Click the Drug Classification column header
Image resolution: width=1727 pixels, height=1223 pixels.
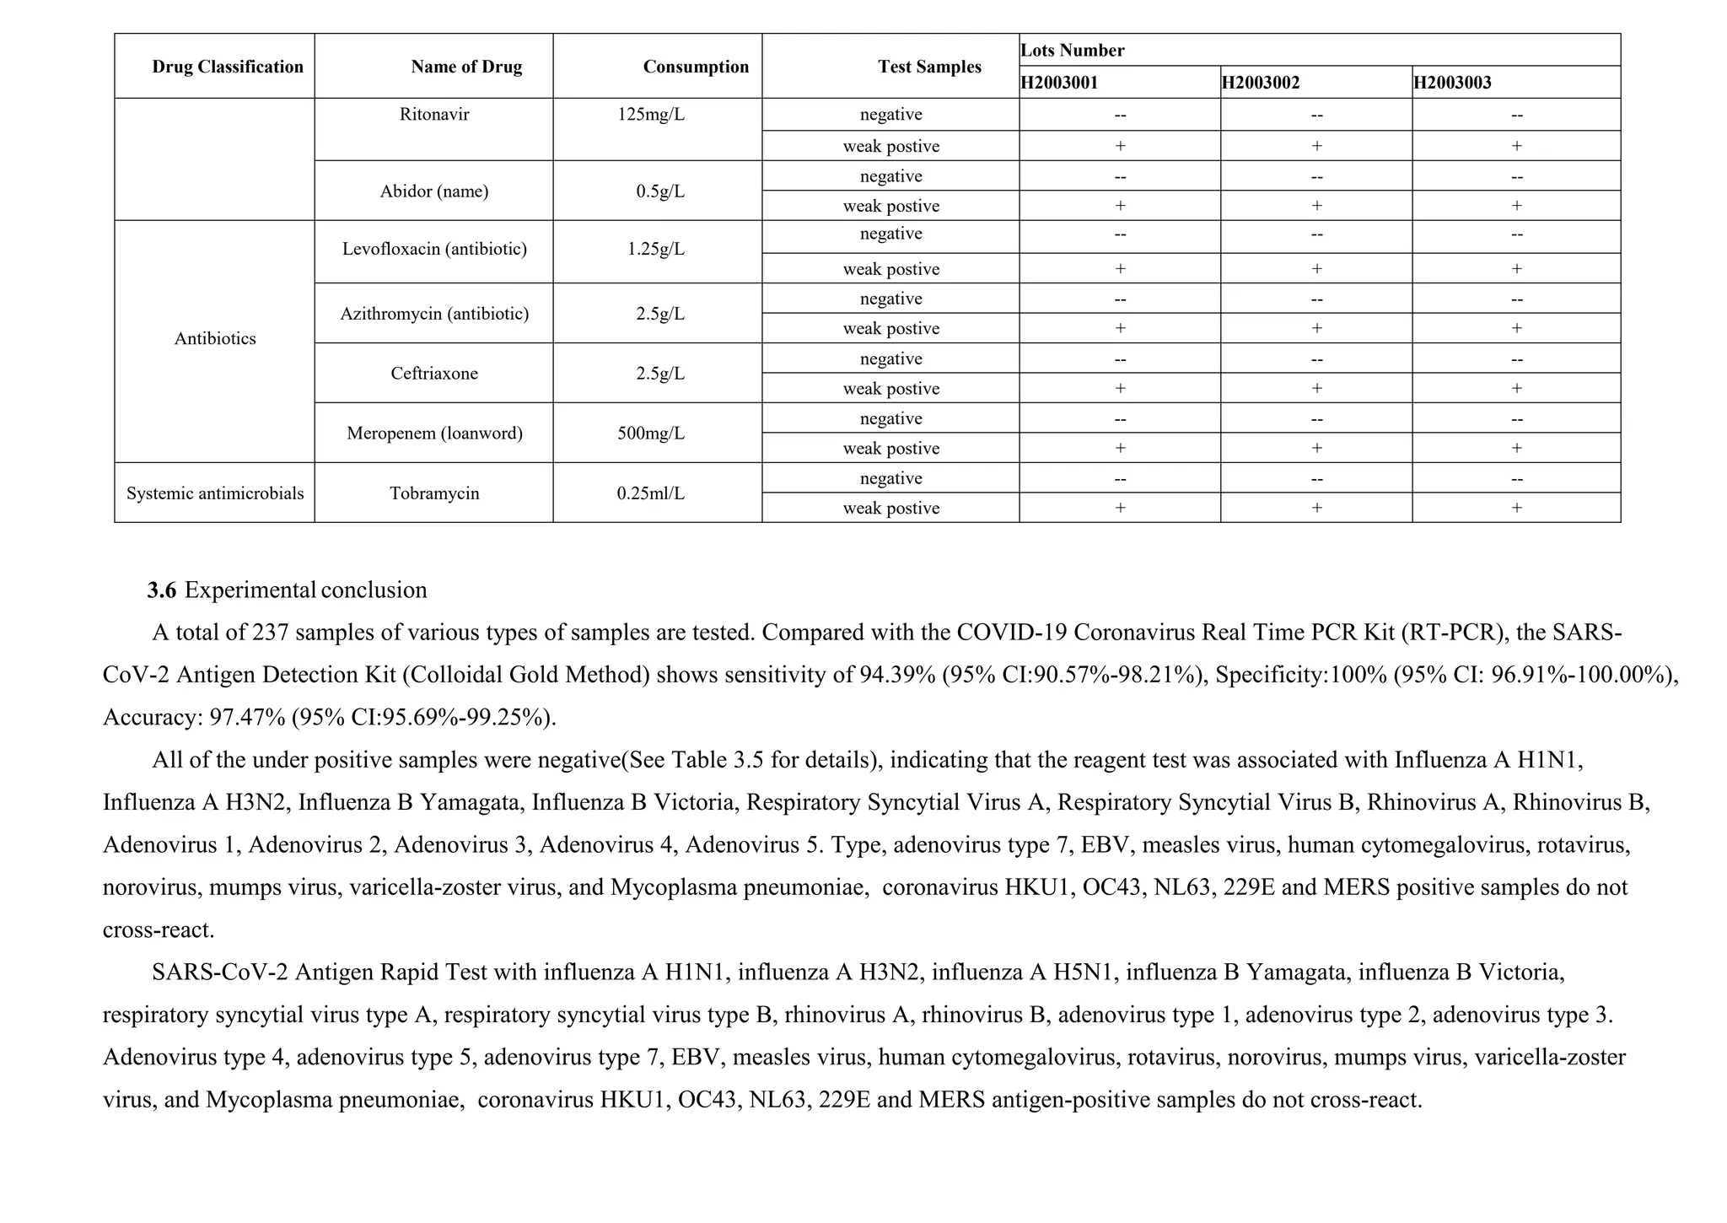(x=227, y=67)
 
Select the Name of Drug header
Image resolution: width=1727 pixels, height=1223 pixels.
(x=465, y=67)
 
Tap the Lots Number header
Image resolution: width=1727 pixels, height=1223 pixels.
(x=1072, y=50)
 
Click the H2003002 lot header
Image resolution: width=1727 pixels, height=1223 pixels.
(x=1260, y=83)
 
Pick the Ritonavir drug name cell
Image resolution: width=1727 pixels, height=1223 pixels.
(x=434, y=114)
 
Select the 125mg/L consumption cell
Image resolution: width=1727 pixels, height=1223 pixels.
(x=650, y=114)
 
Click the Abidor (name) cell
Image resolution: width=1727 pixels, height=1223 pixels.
(x=434, y=191)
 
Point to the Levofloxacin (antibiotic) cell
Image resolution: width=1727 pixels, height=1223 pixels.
(x=434, y=249)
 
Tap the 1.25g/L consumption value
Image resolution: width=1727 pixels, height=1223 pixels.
(x=655, y=249)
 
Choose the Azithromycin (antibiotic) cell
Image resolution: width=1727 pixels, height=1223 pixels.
(x=434, y=314)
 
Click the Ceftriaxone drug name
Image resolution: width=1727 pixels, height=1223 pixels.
(x=434, y=374)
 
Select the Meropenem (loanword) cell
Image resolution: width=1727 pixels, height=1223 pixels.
(x=434, y=434)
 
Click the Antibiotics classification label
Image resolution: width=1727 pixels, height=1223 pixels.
(x=215, y=339)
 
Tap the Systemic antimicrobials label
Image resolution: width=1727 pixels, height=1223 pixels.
(x=215, y=493)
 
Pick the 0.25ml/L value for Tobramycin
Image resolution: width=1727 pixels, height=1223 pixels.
(x=650, y=493)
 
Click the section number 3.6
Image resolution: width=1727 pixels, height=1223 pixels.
(x=161, y=590)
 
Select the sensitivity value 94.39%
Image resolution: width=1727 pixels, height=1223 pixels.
(x=897, y=675)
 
